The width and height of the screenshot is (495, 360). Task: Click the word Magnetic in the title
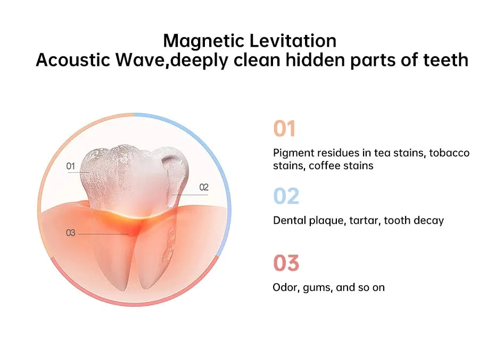(x=204, y=41)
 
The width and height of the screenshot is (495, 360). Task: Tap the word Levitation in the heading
(x=293, y=41)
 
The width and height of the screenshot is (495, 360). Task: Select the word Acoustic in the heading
(x=73, y=60)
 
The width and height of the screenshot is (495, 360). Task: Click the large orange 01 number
(x=284, y=129)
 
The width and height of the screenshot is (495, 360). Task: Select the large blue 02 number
(x=286, y=196)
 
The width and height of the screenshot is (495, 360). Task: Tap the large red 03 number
(x=286, y=263)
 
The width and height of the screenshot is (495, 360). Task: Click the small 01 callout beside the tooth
(x=70, y=166)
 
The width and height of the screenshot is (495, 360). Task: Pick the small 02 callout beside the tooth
(x=204, y=187)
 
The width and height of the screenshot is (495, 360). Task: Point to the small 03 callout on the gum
(x=70, y=233)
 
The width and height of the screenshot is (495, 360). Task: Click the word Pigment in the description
(x=294, y=153)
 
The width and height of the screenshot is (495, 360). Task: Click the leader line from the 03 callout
(x=103, y=234)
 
